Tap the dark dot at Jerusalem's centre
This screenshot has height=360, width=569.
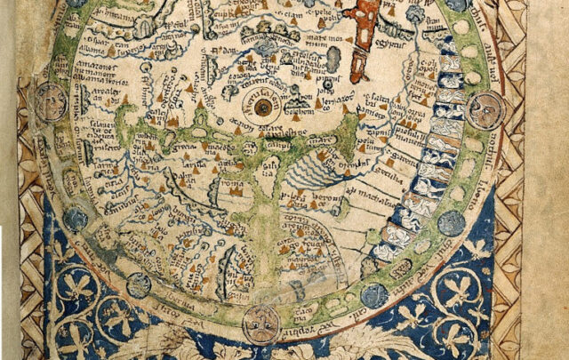[x=262, y=108]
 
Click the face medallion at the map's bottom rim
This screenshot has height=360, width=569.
[x=260, y=323]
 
